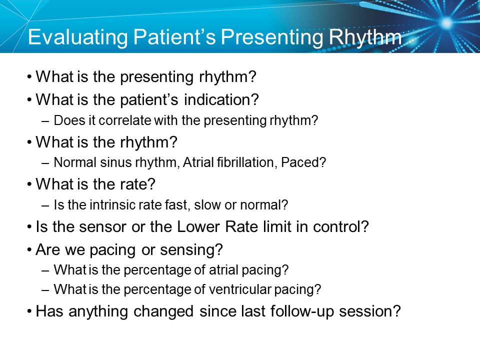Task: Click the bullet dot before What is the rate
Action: tap(30, 184)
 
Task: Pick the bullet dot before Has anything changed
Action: tap(30, 311)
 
